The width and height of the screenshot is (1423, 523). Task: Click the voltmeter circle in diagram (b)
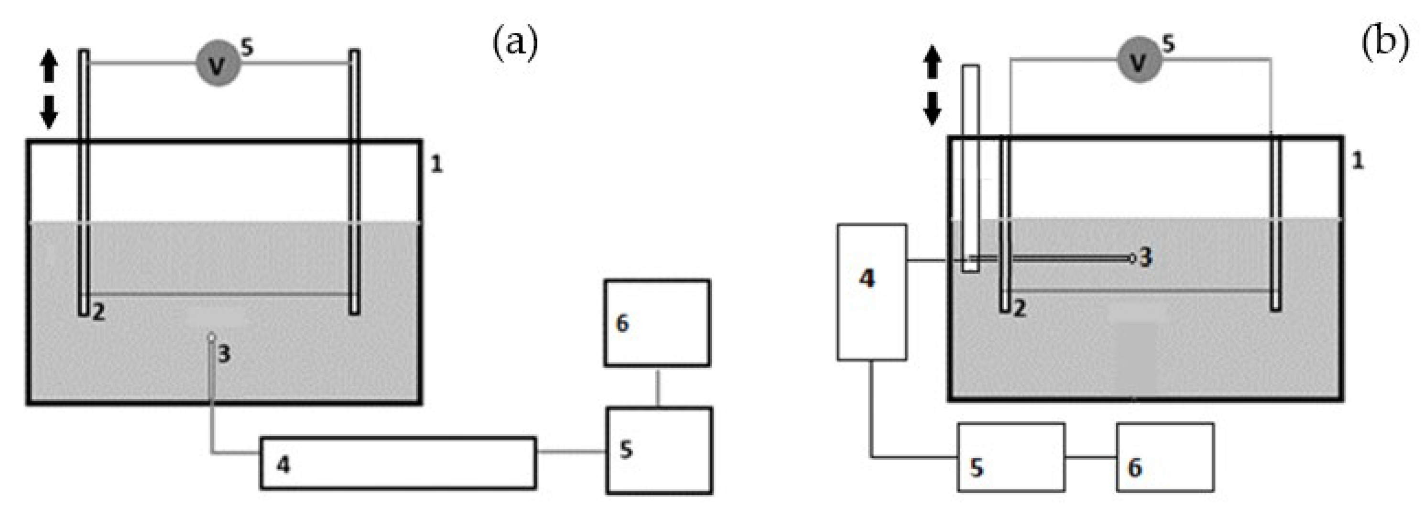pos(1139,60)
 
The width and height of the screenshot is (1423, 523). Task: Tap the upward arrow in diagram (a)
pos(49,65)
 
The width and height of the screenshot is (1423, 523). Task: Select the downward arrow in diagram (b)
pos(933,108)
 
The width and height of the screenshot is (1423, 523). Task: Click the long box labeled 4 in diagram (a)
pos(398,463)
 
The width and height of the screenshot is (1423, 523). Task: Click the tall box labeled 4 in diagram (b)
pos(872,292)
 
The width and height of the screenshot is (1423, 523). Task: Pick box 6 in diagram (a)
pos(657,323)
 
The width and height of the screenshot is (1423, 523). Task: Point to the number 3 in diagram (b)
pos(1146,257)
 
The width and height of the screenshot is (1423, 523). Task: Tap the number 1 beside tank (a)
pos(436,164)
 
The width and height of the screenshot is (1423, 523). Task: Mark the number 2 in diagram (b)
pos(1020,309)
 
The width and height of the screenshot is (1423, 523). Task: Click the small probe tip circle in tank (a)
pos(211,336)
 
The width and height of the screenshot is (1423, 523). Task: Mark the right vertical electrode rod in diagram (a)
pos(354,182)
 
